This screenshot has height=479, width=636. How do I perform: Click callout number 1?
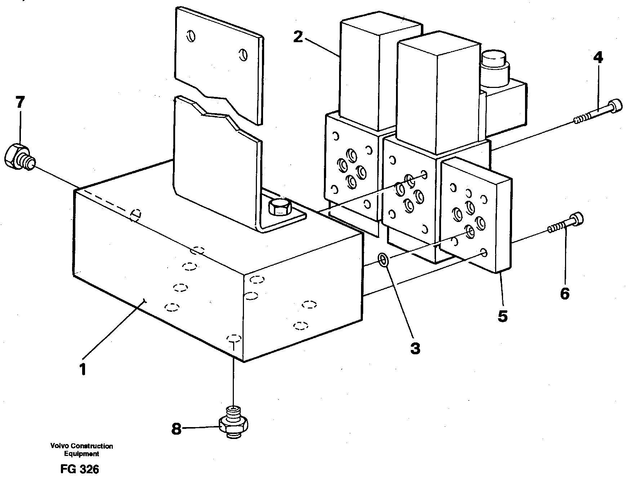[x=83, y=370]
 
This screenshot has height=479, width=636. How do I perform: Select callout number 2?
[x=298, y=37]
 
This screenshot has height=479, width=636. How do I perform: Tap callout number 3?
[x=415, y=349]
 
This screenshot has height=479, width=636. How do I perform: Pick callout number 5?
[x=502, y=316]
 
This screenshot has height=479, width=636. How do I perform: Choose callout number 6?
[x=564, y=294]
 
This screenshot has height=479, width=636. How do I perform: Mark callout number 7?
[x=20, y=103]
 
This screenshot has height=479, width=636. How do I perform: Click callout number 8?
[x=176, y=429]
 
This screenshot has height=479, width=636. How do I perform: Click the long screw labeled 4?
[x=599, y=112]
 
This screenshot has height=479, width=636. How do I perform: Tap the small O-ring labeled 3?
[x=383, y=260]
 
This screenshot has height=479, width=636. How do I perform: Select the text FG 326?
[x=80, y=470]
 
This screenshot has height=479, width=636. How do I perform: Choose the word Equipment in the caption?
[x=81, y=454]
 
